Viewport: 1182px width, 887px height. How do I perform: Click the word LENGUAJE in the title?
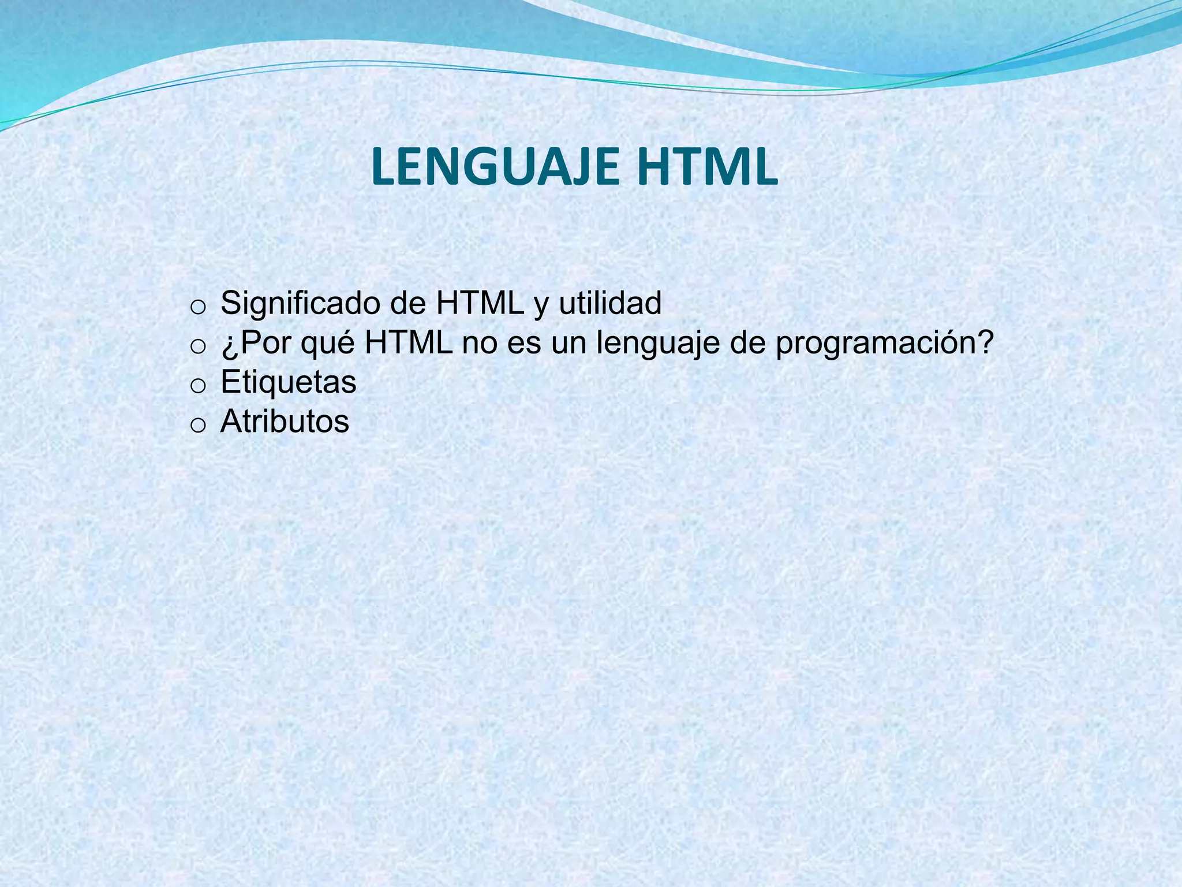498,167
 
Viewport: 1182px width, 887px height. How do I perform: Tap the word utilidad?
610,303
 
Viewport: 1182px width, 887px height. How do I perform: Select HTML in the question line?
408,344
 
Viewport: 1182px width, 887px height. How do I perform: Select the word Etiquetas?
289,382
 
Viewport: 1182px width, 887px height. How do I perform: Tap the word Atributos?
285,422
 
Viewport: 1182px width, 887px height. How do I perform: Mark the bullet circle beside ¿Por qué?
197,347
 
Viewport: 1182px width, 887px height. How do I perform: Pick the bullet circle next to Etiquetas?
197,386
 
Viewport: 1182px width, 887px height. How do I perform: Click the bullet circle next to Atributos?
197,426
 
